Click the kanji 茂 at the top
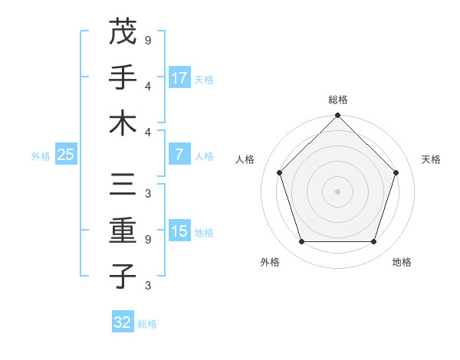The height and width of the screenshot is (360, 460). click(x=123, y=32)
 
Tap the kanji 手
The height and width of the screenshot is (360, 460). click(x=123, y=77)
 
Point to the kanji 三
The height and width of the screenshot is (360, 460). click(x=123, y=185)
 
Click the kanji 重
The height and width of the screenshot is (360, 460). click(x=123, y=231)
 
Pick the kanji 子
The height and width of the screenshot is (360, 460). click(x=123, y=277)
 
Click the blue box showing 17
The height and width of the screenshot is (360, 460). click(x=179, y=78)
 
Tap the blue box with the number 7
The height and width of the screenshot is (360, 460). click(x=179, y=155)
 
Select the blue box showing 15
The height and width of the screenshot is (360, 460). click(x=179, y=231)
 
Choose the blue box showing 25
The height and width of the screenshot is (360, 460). click(x=65, y=155)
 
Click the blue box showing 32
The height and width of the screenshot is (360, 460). click(x=123, y=322)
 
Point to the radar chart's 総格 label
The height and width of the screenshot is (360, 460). click(x=338, y=100)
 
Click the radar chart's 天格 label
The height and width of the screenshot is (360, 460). click(x=431, y=159)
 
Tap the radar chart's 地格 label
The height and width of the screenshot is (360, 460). click(x=402, y=262)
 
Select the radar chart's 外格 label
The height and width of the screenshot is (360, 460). click(x=270, y=262)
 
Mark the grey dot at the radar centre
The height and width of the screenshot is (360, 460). click(x=338, y=191)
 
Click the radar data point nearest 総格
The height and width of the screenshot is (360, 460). click(x=338, y=116)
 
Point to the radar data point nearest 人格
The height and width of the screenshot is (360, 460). click(x=280, y=172)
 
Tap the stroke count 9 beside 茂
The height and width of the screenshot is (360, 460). click(x=147, y=39)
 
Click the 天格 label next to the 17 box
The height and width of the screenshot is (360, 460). click(x=204, y=79)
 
